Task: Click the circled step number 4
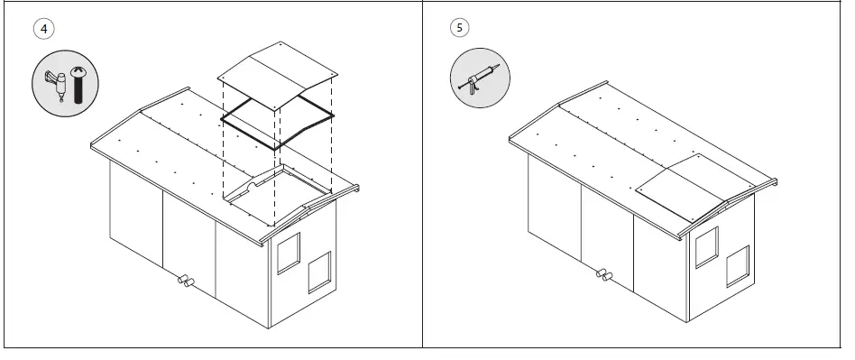43,28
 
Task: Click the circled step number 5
461,28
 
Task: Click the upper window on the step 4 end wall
288,253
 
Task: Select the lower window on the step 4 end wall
319,273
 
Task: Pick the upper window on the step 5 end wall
705,246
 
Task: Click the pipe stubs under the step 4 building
185,282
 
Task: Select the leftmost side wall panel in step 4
135,212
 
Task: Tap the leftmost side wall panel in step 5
554,206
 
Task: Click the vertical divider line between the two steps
423,180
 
